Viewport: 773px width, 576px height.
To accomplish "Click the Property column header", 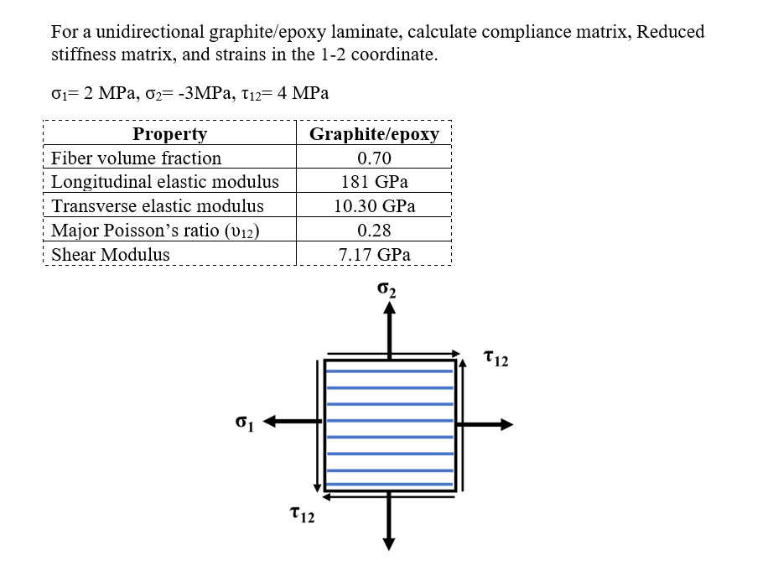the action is coord(169,134).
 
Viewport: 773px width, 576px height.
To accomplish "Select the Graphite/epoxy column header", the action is coord(374,134).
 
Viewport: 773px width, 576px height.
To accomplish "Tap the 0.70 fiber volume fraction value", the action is coord(374,158).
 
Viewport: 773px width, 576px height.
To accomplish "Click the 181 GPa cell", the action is coord(374,182).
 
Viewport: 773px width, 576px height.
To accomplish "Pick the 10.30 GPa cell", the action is coord(374,206).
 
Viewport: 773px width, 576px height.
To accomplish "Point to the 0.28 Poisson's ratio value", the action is coord(374,231).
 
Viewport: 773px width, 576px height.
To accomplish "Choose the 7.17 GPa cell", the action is coord(374,255).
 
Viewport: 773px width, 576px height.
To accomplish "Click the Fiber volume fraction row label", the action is coord(137,158).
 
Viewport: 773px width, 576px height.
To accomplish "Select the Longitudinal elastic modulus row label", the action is coord(165,182).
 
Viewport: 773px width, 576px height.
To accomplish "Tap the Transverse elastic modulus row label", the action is coord(158,206).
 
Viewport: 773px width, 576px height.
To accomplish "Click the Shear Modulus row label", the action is coord(111,255).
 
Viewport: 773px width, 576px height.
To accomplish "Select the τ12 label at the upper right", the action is coord(495,360).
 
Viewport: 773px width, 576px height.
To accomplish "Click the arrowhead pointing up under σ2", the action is coord(389,309).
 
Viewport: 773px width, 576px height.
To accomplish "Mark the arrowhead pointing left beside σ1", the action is coord(272,423).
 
